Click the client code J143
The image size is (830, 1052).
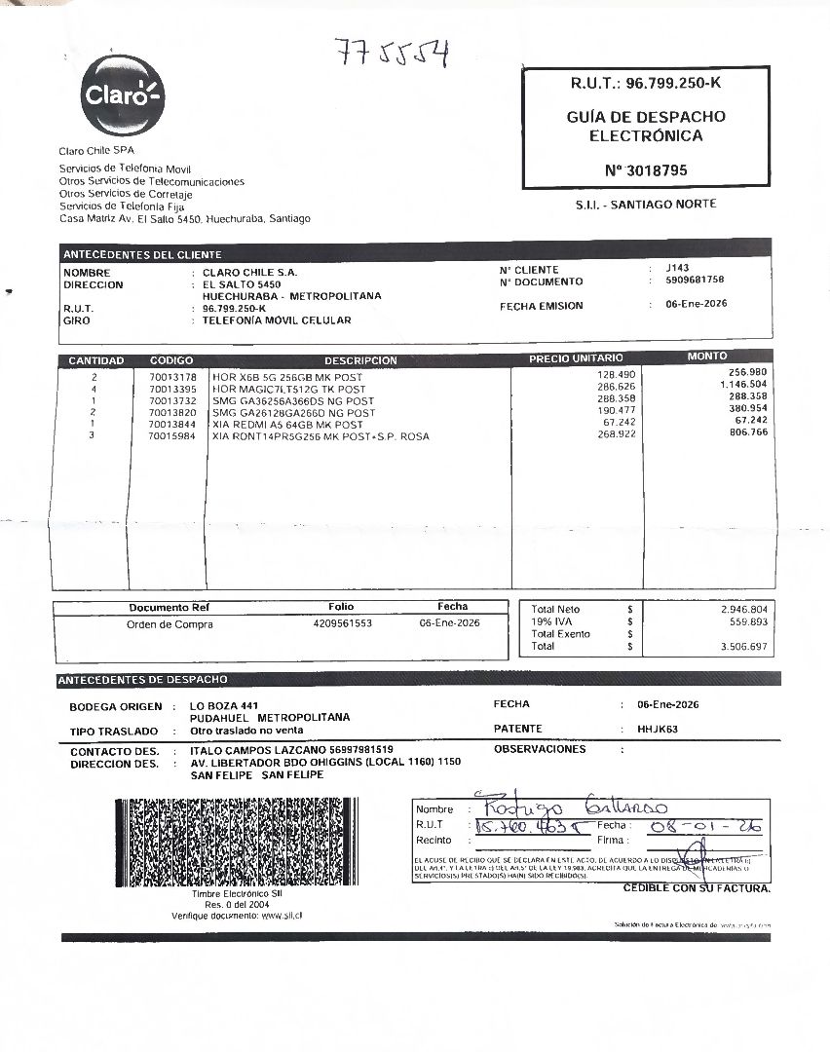(677, 267)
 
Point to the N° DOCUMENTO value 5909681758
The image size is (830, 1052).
(695, 280)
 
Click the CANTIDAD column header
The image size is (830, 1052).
(95, 360)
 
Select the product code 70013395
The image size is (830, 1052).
(172, 388)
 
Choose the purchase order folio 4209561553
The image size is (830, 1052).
(342, 623)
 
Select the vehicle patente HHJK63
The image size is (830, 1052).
(658, 729)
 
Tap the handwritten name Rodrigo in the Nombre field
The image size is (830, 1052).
(516, 808)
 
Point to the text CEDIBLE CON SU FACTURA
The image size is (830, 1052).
(697, 888)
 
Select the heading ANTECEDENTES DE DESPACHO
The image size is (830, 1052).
(143, 679)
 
